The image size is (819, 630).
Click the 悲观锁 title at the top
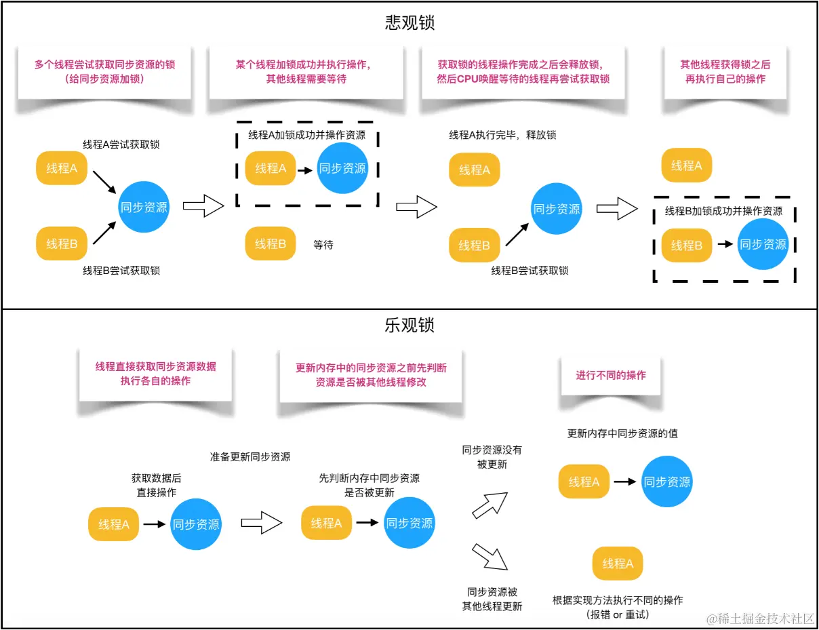pyautogui.click(x=410, y=23)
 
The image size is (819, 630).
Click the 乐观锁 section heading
pyautogui.click(x=410, y=326)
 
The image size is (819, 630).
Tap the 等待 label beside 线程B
pyautogui.click(x=323, y=244)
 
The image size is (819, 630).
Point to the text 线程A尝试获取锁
pyautogui.click(x=121, y=144)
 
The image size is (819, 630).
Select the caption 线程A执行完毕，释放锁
pyautogui.click(x=502, y=135)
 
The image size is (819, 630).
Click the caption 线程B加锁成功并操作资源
pyautogui.click(x=723, y=211)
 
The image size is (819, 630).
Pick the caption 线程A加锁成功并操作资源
pyautogui.click(x=306, y=135)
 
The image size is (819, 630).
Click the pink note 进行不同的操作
pyautogui.click(x=611, y=375)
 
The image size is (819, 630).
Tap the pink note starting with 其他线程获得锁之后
pyautogui.click(x=725, y=71)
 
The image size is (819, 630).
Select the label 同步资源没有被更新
pyautogui.click(x=492, y=457)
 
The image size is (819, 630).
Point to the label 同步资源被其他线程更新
pyautogui.click(x=492, y=599)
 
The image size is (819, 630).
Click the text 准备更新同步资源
pyautogui.click(x=250, y=456)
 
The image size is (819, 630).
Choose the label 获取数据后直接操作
pyautogui.click(x=157, y=486)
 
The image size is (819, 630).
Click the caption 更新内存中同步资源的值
pyautogui.click(x=622, y=433)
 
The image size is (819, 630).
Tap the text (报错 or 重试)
pyautogui.click(x=618, y=614)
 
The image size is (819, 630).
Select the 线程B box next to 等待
pyautogui.click(x=271, y=243)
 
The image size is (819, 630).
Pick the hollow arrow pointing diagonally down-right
pyautogui.click(x=490, y=555)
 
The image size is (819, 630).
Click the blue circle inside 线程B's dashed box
pyautogui.click(x=763, y=244)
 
